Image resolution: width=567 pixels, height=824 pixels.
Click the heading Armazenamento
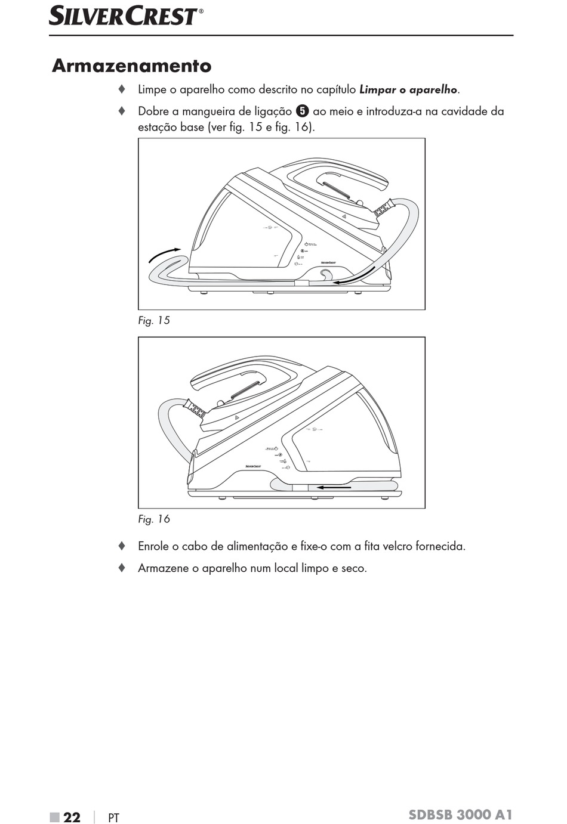[132, 66]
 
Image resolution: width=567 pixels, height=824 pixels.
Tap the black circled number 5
[303, 111]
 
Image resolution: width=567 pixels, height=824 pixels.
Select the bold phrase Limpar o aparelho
[408, 90]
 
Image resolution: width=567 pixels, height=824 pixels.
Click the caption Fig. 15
[154, 321]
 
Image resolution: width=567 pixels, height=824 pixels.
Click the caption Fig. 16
[154, 519]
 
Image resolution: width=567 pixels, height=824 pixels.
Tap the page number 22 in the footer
[72, 817]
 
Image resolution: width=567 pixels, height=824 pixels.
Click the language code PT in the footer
[113, 818]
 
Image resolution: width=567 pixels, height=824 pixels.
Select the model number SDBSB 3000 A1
[460, 815]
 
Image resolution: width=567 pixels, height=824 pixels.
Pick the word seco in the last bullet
[354, 568]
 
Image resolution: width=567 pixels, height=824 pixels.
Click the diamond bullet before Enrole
[122, 546]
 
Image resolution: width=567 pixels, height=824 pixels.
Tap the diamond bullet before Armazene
[122, 568]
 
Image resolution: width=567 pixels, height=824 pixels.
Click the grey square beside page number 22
[55, 817]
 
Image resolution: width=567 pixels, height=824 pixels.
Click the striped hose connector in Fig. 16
[195, 410]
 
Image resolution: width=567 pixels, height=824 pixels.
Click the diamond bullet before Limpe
[122, 89]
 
